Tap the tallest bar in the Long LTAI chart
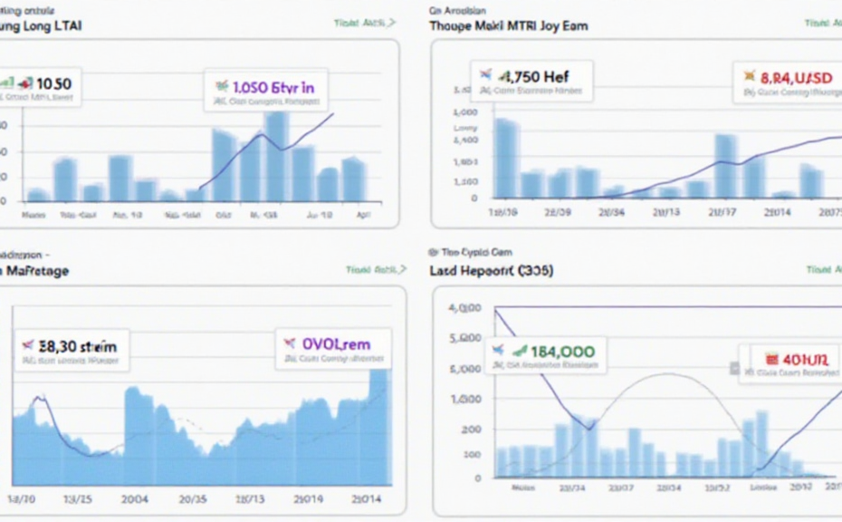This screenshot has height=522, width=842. pos(277,155)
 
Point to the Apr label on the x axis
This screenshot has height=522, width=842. pos(363,217)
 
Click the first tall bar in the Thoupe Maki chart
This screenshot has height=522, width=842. pos(507,158)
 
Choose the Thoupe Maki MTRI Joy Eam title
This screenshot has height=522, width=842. pos(508,26)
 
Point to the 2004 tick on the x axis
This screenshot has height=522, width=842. pos(137,499)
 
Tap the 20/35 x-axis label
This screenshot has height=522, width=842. pos(194,499)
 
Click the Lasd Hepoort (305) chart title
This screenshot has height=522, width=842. pos(492,271)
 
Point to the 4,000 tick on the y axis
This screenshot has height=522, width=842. pos(464,308)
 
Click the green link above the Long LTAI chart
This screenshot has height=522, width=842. pos(364,23)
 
